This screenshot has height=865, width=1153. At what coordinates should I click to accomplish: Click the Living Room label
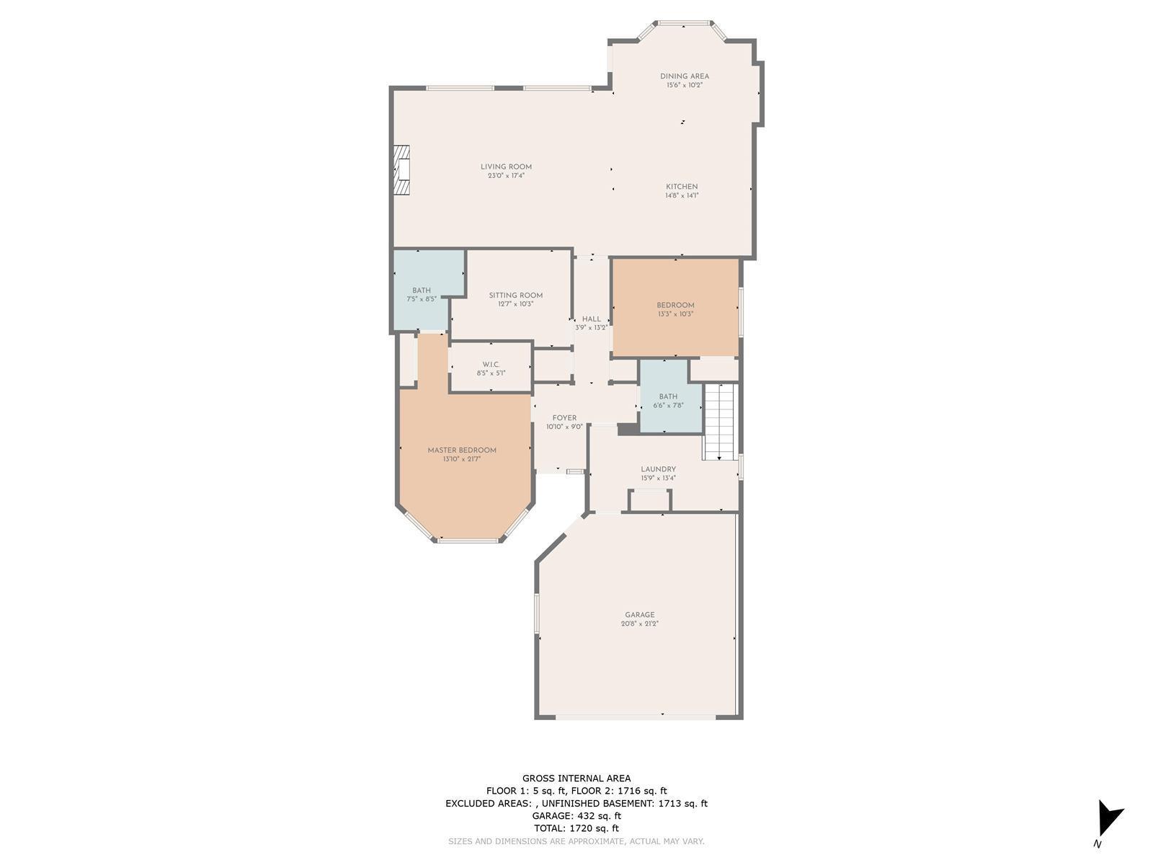(x=506, y=167)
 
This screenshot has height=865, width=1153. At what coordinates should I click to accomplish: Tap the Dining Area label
(x=685, y=76)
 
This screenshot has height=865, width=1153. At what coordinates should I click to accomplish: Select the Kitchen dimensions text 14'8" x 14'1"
(x=682, y=195)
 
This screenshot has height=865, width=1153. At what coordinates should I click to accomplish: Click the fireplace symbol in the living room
(x=402, y=170)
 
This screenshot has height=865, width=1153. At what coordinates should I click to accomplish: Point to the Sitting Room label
(x=515, y=295)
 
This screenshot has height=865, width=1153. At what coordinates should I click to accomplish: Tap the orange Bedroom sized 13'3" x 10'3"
(x=676, y=308)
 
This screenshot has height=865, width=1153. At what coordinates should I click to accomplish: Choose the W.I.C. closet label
(x=491, y=365)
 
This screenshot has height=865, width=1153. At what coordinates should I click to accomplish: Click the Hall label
(x=592, y=319)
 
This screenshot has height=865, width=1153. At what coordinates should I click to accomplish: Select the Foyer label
(x=565, y=418)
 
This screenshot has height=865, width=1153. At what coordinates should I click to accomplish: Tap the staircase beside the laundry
(x=721, y=422)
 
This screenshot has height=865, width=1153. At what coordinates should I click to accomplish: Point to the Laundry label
(x=658, y=469)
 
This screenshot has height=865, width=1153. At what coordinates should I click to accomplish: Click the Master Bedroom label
(x=462, y=450)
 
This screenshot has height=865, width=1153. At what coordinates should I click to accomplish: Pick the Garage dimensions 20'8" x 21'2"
(x=640, y=624)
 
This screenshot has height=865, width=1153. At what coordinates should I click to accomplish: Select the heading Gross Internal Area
(x=576, y=778)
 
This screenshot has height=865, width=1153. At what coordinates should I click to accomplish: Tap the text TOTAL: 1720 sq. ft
(x=576, y=828)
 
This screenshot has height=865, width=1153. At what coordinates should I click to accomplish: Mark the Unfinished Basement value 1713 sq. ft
(x=683, y=804)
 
